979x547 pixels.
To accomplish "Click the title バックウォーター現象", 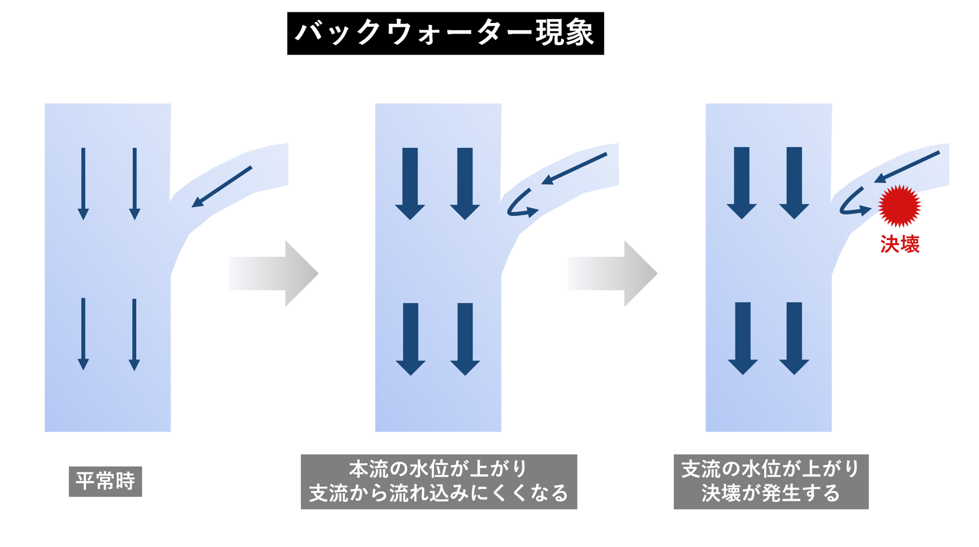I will [x=445, y=33].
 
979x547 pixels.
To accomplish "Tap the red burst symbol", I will [x=899, y=206].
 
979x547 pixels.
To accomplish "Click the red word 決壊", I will [x=900, y=244].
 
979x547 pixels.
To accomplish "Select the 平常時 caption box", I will [x=105, y=481].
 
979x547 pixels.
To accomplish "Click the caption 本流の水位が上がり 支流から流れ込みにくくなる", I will [x=438, y=481].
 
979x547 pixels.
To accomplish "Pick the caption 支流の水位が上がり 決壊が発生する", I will [x=771, y=481].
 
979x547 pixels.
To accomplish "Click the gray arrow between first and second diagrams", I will [x=273, y=273].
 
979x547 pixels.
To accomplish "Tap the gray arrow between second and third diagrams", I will [x=613, y=273].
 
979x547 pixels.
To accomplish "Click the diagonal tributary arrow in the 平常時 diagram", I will [x=222, y=187].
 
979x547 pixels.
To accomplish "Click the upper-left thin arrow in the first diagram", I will [x=83, y=183].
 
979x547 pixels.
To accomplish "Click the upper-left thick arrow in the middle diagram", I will [x=410, y=183].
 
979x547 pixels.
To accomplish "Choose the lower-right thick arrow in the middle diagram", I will [x=465, y=338].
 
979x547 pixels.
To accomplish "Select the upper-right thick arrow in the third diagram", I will [x=794, y=183].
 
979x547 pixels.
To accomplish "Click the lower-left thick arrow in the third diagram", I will [x=742, y=338].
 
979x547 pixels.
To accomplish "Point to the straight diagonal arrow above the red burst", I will [x=907, y=167].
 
